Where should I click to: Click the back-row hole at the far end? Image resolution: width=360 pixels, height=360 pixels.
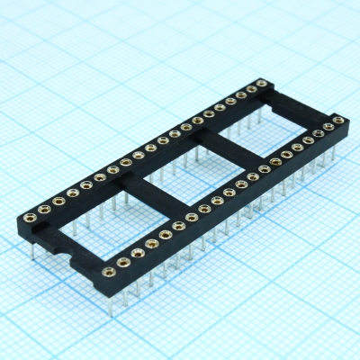[262, 84]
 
